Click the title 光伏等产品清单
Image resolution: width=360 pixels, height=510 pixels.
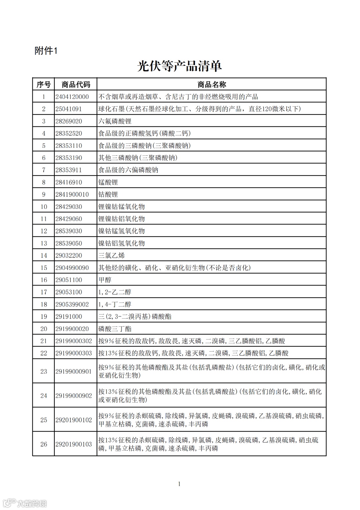tap(179, 66)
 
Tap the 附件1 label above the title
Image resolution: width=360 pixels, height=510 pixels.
tap(46, 51)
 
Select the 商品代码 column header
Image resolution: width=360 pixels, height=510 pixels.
tap(76, 84)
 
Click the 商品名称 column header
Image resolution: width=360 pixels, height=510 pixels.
tap(211, 84)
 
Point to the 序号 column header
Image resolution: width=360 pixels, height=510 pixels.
tap(43, 84)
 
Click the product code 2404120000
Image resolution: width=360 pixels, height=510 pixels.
tap(72, 97)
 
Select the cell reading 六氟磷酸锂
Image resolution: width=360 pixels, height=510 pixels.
tap(115, 121)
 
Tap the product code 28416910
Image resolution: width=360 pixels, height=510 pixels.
tap(69, 182)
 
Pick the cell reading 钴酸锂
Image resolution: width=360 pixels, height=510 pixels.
tap(108, 194)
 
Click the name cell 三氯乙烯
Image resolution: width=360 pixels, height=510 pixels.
tap(111, 256)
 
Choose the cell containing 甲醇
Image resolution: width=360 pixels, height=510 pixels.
tap(105, 280)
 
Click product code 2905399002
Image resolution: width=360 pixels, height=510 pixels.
tap(72, 304)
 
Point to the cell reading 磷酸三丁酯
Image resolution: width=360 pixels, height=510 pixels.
tap(115, 329)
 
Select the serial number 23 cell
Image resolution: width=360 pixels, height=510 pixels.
tap(44, 371)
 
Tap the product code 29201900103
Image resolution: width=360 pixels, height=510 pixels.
tap(74, 444)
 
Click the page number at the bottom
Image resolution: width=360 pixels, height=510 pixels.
tap(179, 484)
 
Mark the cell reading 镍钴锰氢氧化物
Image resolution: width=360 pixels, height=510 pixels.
tap(121, 231)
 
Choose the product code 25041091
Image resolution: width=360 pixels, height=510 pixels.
tap(69, 109)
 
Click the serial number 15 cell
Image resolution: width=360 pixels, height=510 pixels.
tap(44, 268)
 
